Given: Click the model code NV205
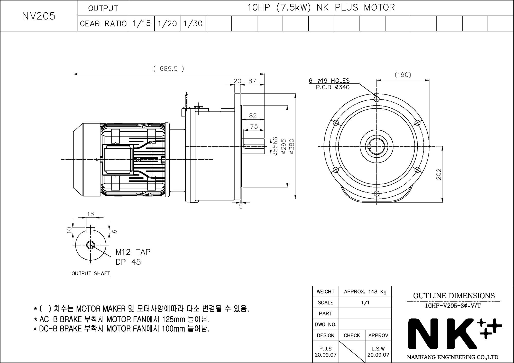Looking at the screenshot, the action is pyautogui.click(x=39, y=16).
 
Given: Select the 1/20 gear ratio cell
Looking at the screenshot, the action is pyautogui.click(x=167, y=24).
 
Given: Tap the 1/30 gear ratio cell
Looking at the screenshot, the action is pyautogui.click(x=193, y=24).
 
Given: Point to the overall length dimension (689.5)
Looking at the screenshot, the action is pyautogui.click(x=169, y=69).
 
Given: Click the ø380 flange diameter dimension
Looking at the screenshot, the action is pyautogui.click(x=292, y=146).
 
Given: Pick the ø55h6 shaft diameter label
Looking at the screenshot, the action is pyautogui.click(x=275, y=146).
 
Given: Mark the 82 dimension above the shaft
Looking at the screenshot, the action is pyautogui.click(x=253, y=116).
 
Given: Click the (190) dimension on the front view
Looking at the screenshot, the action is pyautogui.click(x=403, y=75).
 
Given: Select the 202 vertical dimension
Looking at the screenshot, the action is pyautogui.click(x=439, y=174).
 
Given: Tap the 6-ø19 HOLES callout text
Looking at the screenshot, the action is pyautogui.click(x=329, y=81).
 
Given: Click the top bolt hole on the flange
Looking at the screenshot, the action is pyautogui.click(x=377, y=99).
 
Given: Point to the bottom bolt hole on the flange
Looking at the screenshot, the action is pyautogui.click(x=377, y=193).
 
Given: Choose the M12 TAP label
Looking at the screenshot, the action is pyautogui.click(x=133, y=252).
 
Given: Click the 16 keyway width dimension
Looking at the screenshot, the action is pyautogui.click(x=90, y=214).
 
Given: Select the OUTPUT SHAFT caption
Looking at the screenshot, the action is pyautogui.click(x=91, y=273).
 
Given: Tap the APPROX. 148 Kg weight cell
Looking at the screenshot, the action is pyautogui.click(x=365, y=292).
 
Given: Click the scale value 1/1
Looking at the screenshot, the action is pyautogui.click(x=365, y=302).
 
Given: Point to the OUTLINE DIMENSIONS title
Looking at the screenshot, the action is pyautogui.click(x=454, y=296).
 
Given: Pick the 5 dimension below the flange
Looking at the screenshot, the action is pyautogui.click(x=241, y=206).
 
